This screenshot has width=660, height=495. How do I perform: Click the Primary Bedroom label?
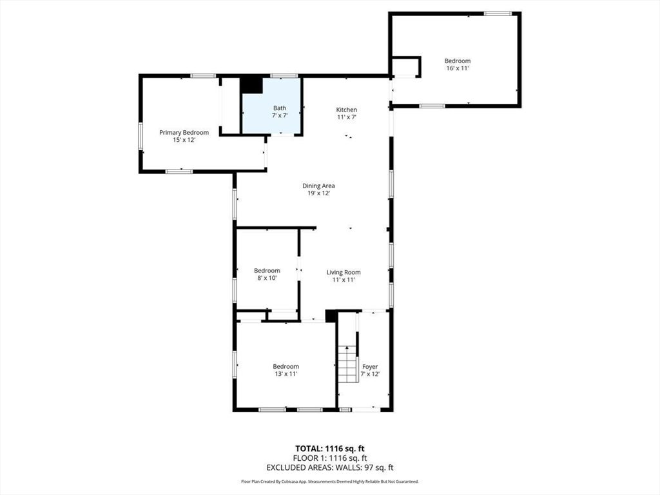pos(184,133)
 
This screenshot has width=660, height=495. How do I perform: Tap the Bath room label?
pos(279,108)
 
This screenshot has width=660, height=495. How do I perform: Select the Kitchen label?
pos(346,110)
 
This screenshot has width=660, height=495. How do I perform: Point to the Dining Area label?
pos(318,186)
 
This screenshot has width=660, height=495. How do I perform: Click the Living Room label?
pos(343,272)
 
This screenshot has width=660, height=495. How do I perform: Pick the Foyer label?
pos(370,367)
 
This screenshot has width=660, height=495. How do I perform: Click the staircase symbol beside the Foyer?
pos(347,364)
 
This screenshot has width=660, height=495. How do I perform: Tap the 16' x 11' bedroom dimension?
pos(457,68)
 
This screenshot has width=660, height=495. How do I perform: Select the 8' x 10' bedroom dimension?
pos(266,278)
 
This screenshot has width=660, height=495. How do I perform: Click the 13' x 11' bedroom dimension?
pos(286,374)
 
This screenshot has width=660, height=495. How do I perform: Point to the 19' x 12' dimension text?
pos(318,193)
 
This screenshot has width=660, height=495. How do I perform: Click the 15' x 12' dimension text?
pos(184,140)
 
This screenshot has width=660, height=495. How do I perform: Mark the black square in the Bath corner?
pos(251,85)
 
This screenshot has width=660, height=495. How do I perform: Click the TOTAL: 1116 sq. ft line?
pos(329,449)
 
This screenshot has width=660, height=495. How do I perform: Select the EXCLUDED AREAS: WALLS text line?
pos(329,467)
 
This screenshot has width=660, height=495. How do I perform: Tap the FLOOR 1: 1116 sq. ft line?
pos(329,458)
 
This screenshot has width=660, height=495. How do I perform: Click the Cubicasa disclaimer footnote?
pos(329,481)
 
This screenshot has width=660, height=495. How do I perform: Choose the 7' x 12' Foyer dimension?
pos(370,374)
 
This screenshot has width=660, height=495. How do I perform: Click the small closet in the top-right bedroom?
pos(405,66)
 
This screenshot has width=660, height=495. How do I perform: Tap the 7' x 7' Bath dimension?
pos(279,115)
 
